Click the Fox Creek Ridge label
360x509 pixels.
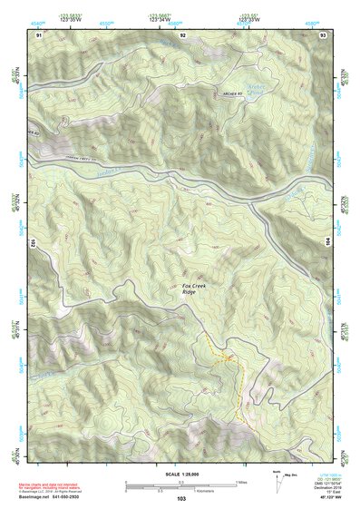(189, 288)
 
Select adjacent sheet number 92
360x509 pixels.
(182, 34)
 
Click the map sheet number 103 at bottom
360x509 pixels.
(180, 500)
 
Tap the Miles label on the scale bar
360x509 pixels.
(241, 482)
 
